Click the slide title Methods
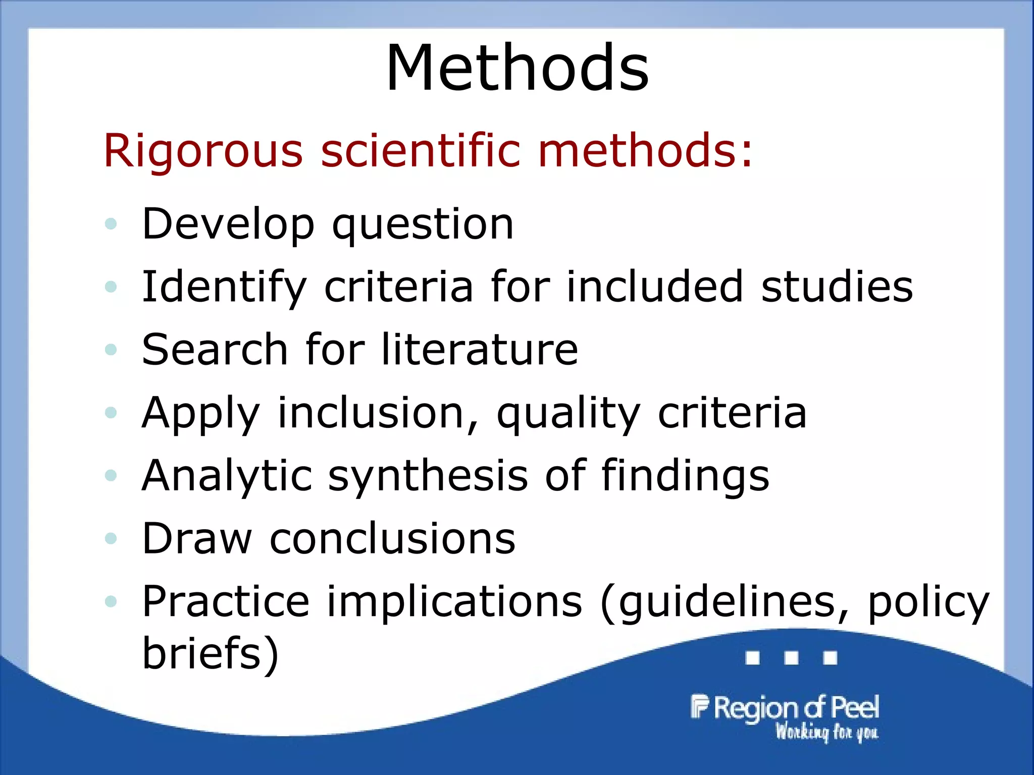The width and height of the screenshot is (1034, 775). (517, 68)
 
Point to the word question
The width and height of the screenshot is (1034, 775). (423, 225)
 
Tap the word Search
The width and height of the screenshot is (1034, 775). (215, 349)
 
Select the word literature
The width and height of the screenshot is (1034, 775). (479, 349)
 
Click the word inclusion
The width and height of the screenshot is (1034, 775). (371, 413)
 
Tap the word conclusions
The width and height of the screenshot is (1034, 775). (392, 538)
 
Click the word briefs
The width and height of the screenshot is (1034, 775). (210, 653)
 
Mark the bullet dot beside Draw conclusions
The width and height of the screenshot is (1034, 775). (111, 538)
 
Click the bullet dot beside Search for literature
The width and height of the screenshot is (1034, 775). (111, 349)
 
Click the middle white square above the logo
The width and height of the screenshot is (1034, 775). (791, 658)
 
